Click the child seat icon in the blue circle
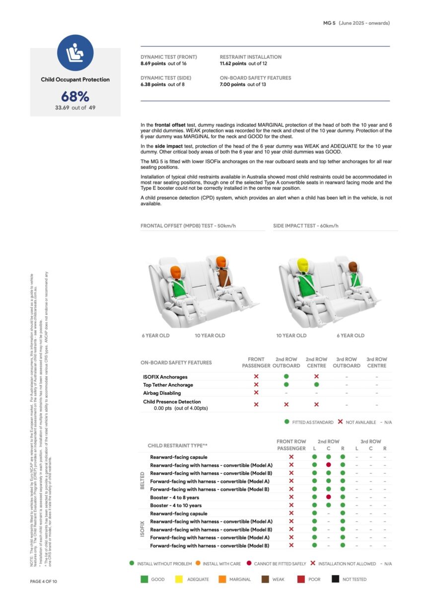pyautogui.click(x=75, y=53)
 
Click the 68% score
pyautogui.click(x=75, y=96)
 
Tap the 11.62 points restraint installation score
pyautogui.click(x=233, y=64)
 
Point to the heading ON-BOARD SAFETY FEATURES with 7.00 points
pyautogui.click(x=255, y=78)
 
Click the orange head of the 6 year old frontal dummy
pyautogui.click(x=175, y=271)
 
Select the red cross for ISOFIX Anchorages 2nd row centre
pyautogui.click(x=316, y=376)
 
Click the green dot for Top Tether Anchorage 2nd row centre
pyautogui.click(x=316, y=384)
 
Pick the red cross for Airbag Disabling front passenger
pyautogui.click(x=256, y=392)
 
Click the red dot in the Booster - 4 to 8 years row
pyautogui.click(x=329, y=497)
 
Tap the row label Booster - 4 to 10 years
pyautogui.click(x=176, y=505)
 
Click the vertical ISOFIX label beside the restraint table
pyautogui.click(x=142, y=529)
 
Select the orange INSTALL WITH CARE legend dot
pyautogui.click(x=198, y=563)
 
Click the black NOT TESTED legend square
pyautogui.click(x=336, y=579)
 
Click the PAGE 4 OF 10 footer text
pyautogui.click(x=44, y=581)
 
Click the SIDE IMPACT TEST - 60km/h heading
pyautogui.click(x=306, y=226)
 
